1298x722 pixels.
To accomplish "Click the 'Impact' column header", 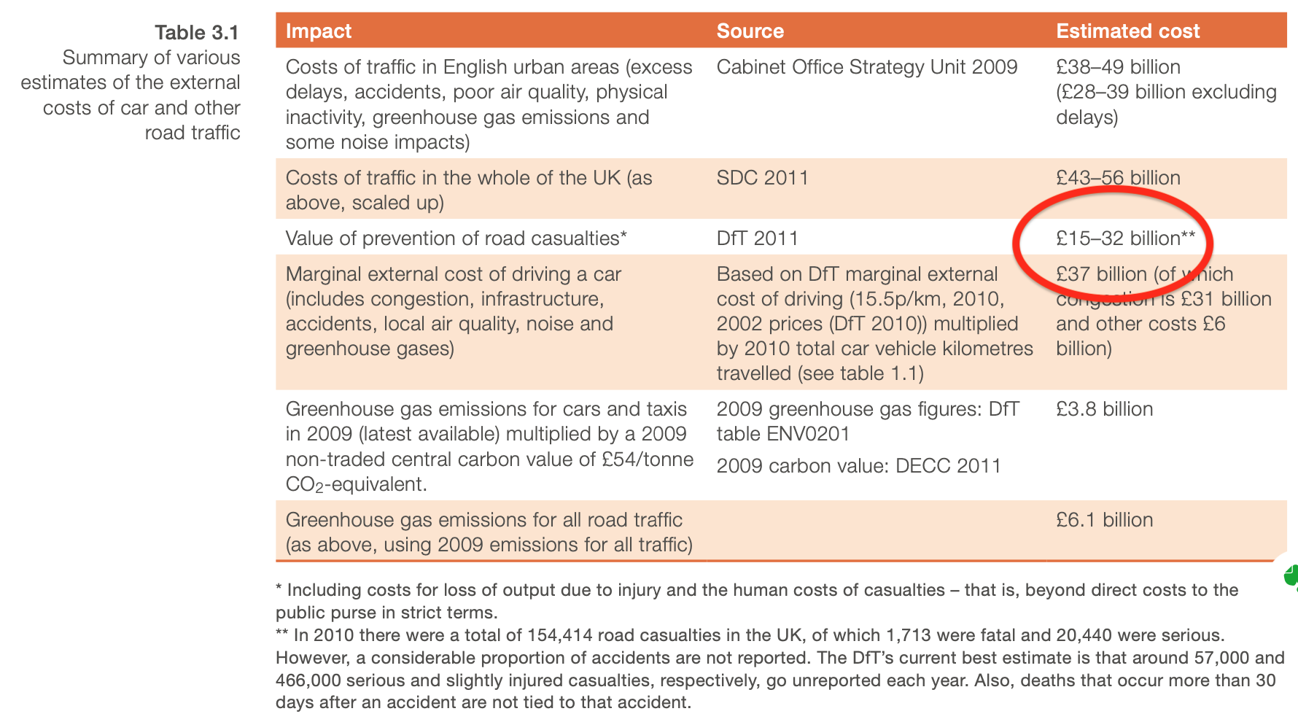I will click(x=319, y=31).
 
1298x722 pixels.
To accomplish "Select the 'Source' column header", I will click(x=750, y=31).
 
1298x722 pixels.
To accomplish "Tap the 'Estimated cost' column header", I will click(x=1127, y=31).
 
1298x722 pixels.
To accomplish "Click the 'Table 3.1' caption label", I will click(x=197, y=33).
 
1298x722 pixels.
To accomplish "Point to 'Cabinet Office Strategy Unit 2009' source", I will click(x=866, y=67).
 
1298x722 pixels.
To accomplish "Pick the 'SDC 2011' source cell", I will click(x=762, y=178).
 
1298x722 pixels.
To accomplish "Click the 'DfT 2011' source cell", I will click(x=757, y=238).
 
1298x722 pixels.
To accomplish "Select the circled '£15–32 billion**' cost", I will click(x=1125, y=238).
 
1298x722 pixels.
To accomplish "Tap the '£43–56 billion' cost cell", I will click(x=1117, y=178).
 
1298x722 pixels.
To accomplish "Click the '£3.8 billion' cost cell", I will click(x=1104, y=409).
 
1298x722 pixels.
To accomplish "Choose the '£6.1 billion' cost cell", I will click(x=1104, y=520).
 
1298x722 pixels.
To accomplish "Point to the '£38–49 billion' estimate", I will click(x=1117, y=67).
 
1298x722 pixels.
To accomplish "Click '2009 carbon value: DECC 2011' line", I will click(x=858, y=466).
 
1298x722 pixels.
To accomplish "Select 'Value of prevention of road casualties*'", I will click(x=456, y=238).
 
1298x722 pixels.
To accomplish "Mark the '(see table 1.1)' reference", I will click(x=860, y=373).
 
